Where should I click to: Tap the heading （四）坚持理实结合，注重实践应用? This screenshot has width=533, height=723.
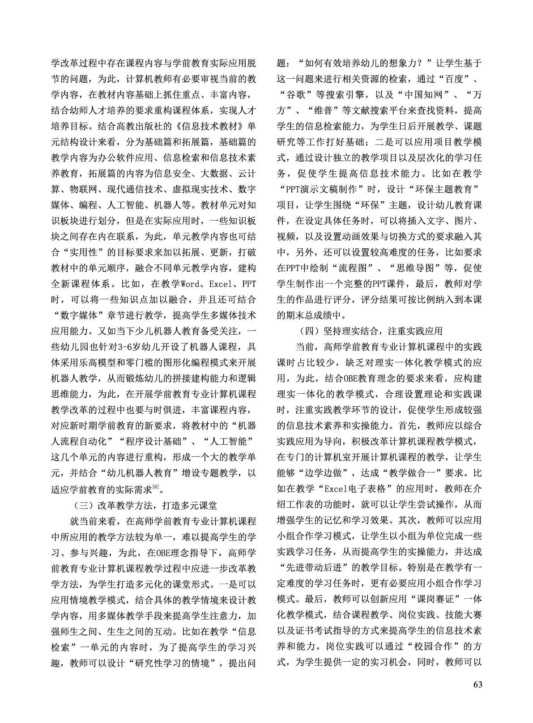[x=371, y=331]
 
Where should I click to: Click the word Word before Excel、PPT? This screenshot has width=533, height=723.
[x=190, y=284]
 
